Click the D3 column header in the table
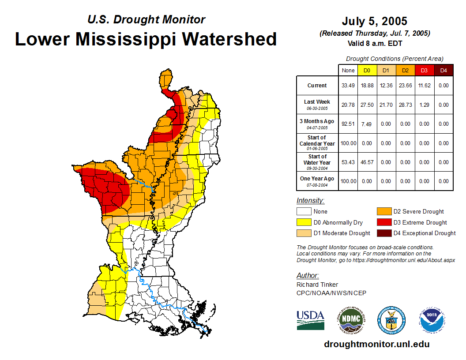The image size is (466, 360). pos(424,70)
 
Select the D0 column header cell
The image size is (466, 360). pos(367,70)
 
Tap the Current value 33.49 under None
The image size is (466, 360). pos(348,86)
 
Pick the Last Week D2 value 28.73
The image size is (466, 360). pos(405,105)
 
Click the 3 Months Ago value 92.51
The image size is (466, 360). pos(348,124)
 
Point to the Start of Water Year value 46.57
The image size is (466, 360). pos(367,162)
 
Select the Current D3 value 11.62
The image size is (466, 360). pos(424,86)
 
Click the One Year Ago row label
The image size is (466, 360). pos(317,179)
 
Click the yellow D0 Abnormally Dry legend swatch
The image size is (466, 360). pos(304,222)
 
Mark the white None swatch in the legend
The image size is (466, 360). pos(304,212)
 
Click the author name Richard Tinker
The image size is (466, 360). pos(317,285)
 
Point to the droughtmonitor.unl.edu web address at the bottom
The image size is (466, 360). pos(376,344)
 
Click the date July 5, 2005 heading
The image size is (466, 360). pos(374,21)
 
